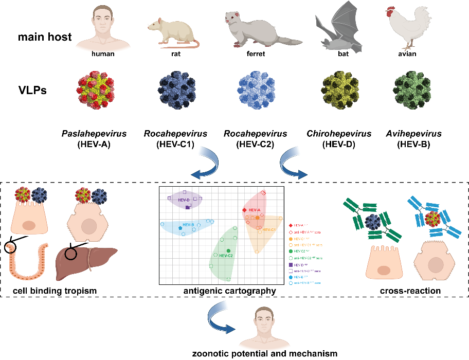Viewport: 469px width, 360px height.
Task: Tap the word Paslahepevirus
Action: (103, 134)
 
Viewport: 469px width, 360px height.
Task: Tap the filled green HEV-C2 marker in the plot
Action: (228, 250)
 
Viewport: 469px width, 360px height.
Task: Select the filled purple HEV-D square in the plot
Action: (188, 207)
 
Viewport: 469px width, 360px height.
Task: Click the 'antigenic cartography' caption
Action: (229, 291)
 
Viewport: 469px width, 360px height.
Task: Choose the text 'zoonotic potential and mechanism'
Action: (265, 353)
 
